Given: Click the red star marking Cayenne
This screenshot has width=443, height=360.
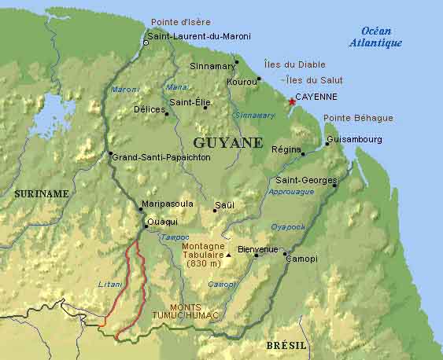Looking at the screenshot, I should click(293, 101).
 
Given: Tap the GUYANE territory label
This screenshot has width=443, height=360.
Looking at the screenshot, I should click(227, 143).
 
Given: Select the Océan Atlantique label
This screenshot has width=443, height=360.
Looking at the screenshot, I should click(375, 37).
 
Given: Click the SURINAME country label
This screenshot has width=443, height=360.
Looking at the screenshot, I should click(41, 193).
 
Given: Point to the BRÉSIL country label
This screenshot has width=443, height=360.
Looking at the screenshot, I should click(286, 346).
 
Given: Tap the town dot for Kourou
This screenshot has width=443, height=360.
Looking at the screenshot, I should click(258, 79).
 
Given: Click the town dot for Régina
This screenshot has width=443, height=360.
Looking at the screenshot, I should click(303, 154).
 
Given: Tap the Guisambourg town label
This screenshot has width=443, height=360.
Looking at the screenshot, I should click(354, 140).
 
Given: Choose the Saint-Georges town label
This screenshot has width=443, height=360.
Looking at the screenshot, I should click(304, 180).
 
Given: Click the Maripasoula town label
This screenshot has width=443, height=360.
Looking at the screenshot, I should click(166, 204).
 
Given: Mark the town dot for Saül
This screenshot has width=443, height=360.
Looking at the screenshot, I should click(215, 210).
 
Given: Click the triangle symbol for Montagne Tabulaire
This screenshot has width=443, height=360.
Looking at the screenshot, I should click(229, 255).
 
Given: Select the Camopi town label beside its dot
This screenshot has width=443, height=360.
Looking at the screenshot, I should click(302, 259).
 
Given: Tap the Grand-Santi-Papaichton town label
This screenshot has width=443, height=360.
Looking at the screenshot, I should click(161, 157).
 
